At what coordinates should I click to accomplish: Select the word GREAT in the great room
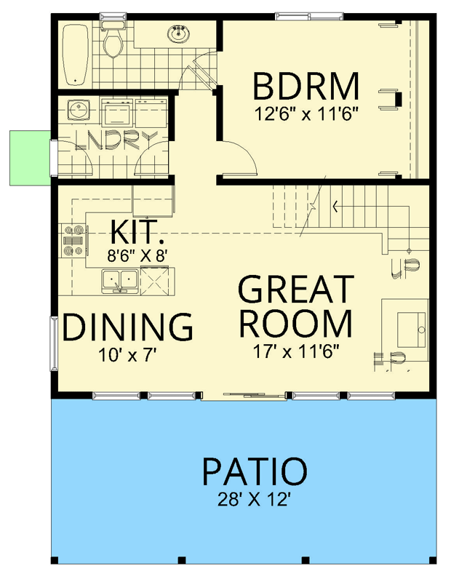point(296,290)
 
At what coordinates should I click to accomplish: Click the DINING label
point(128,327)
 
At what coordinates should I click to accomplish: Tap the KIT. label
point(136,232)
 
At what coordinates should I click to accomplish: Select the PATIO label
point(254,471)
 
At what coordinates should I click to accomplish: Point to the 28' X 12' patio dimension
point(254,501)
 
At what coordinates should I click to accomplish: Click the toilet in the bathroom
point(112,44)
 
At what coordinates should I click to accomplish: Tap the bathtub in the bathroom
point(75,54)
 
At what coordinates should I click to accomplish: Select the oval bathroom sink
point(177,33)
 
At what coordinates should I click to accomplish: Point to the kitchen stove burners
point(73,240)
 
